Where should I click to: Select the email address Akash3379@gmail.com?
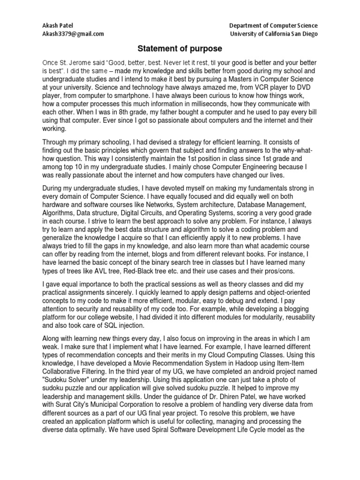73,34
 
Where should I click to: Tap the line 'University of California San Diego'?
274,34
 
